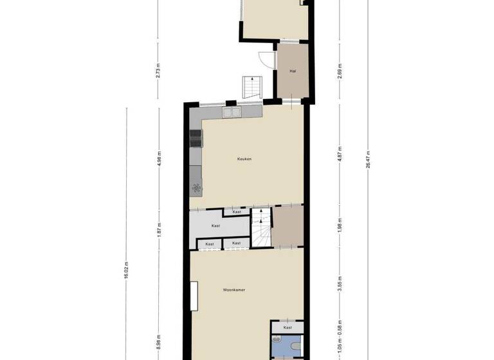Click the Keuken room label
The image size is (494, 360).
click(x=244, y=158)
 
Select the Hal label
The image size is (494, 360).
click(x=293, y=71)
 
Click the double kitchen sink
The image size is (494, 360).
click(x=232, y=113)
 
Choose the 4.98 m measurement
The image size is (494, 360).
click(x=159, y=156)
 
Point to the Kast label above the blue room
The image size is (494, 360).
click(x=286, y=327)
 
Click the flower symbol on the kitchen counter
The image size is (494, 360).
click(x=196, y=188)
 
